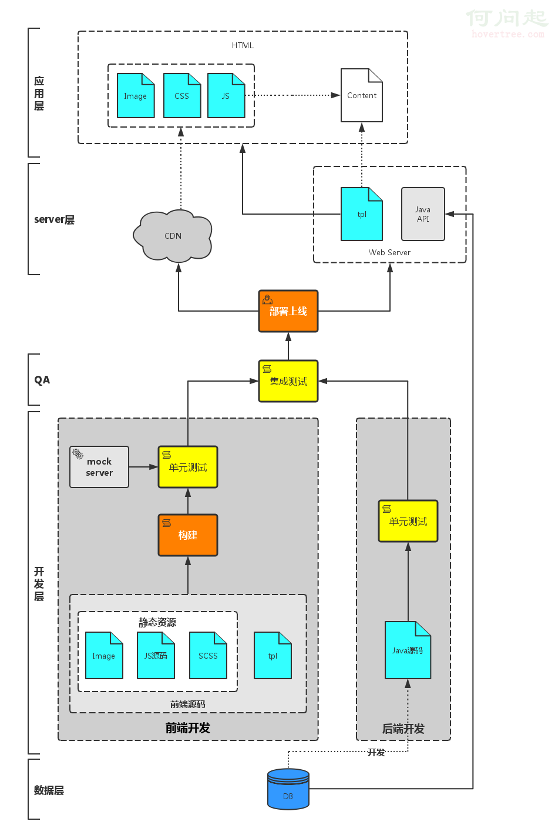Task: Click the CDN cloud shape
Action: pyautogui.click(x=173, y=236)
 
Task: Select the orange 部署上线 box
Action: pyautogui.click(x=288, y=311)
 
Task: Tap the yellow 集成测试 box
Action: pyautogui.click(x=288, y=381)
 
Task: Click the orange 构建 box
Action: pyautogui.click(x=188, y=535)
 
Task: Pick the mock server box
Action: pyautogui.click(x=99, y=467)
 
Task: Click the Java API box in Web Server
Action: pyautogui.click(x=423, y=214)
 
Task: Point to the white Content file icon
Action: pyautogui.click(x=362, y=95)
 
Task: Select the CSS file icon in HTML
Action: pyautogui.click(x=182, y=96)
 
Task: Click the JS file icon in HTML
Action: pyautogui.click(x=226, y=96)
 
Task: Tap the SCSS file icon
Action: pyautogui.click(x=208, y=656)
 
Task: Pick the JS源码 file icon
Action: pyautogui.click(x=156, y=656)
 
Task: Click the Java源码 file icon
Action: pyautogui.click(x=408, y=650)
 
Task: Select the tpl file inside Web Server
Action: pyautogui.click(x=362, y=214)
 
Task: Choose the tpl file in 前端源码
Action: pyautogui.click(x=273, y=656)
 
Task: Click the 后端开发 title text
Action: pyautogui.click(x=403, y=729)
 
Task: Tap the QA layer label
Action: pyautogui.click(x=42, y=380)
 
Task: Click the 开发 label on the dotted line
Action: pyautogui.click(x=376, y=752)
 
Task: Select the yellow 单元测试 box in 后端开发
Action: pyautogui.click(x=408, y=521)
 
